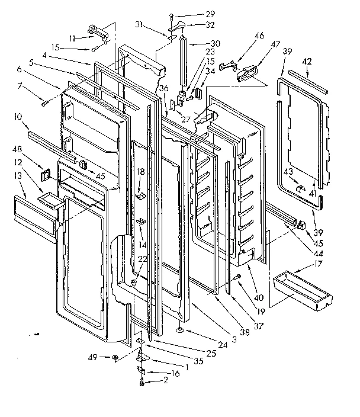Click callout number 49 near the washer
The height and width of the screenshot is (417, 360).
pyautogui.click(x=93, y=357)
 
